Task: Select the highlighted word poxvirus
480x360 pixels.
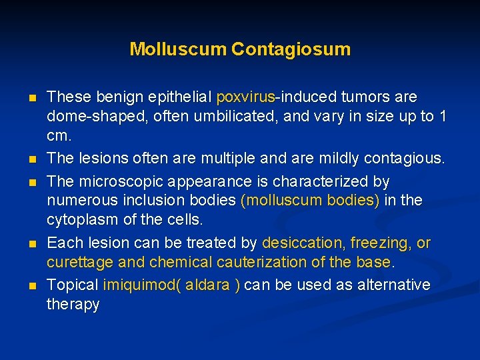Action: [x=245, y=97]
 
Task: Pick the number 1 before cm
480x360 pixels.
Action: [x=442, y=116]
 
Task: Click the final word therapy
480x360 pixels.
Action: [x=73, y=305]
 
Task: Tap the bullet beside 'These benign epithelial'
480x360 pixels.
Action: [x=32, y=98]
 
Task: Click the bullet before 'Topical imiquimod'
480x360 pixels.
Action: [x=32, y=286]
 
